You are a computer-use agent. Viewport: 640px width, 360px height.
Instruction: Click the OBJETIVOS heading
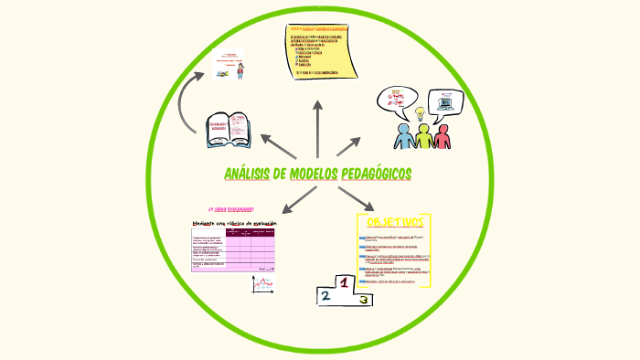coord(394,223)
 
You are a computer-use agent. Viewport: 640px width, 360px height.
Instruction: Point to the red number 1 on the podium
coord(344,284)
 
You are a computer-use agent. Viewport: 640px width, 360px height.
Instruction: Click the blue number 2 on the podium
coord(324,295)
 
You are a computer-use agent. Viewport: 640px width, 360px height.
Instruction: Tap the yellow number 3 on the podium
coord(363,299)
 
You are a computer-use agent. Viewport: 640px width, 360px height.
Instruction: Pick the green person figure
coord(423,137)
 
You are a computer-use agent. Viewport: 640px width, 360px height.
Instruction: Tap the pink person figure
coord(443,136)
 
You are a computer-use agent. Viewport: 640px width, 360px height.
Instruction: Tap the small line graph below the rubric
coord(263,284)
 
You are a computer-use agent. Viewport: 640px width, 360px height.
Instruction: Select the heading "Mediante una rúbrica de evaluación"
coord(233,223)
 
